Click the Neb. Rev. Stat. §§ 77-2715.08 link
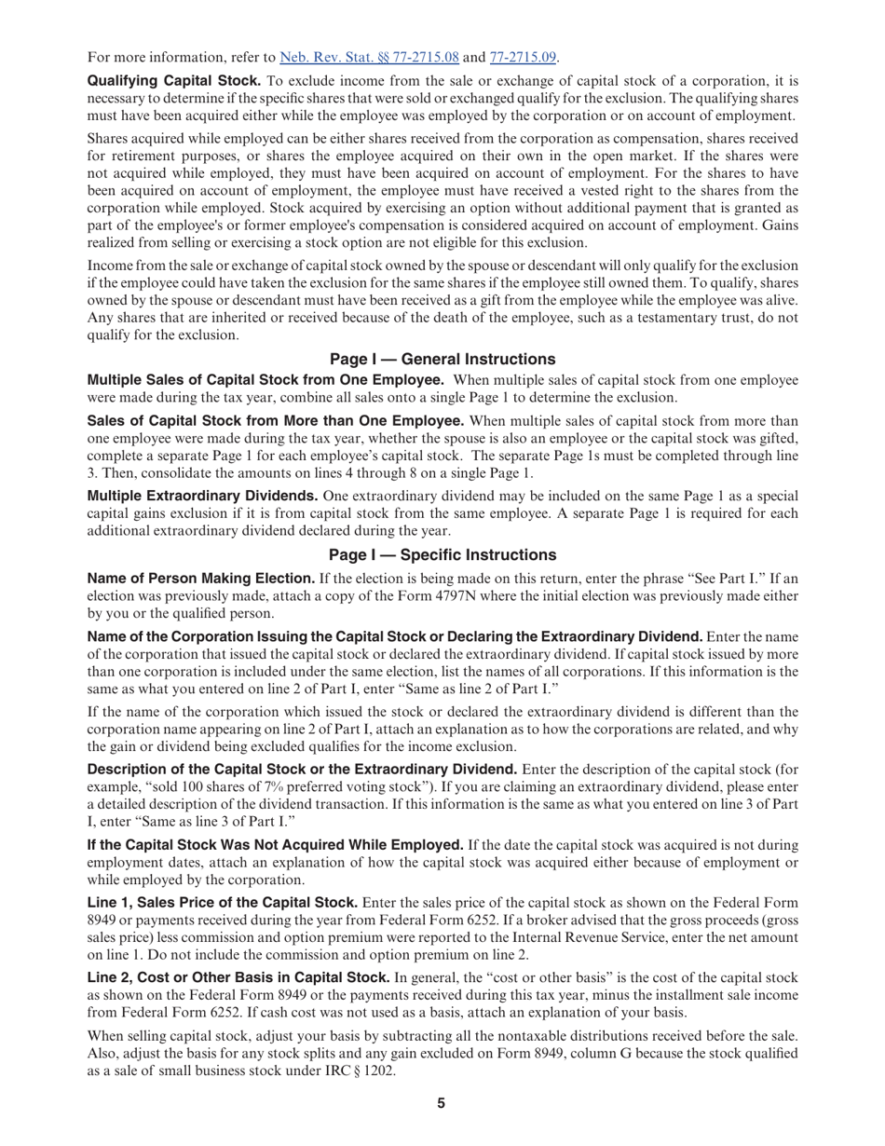(369, 57)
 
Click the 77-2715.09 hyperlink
(523, 57)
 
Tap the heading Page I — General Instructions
(442, 360)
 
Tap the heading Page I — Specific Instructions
(442, 555)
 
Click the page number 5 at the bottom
(442, 1104)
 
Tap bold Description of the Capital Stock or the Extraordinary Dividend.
(302, 770)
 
